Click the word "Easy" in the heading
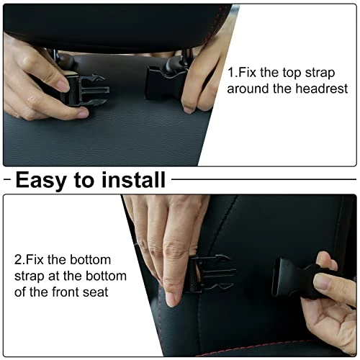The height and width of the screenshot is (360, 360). click(x=41, y=180)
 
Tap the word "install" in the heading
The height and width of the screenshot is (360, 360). click(x=133, y=179)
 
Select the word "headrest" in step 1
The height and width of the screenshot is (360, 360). click(x=322, y=89)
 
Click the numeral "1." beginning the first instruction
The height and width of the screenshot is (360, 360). click(x=233, y=73)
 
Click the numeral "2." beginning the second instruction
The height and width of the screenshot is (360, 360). click(x=19, y=260)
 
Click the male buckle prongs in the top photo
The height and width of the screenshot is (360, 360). click(x=94, y=90)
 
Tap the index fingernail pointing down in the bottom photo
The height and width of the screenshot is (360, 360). click(x=171, y=300)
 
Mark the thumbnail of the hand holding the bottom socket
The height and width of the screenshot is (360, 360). click(x=322, y=282)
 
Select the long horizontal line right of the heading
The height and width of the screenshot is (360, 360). click(x=264, y=179)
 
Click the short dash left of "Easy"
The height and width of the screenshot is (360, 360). click(x=7, y=179)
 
